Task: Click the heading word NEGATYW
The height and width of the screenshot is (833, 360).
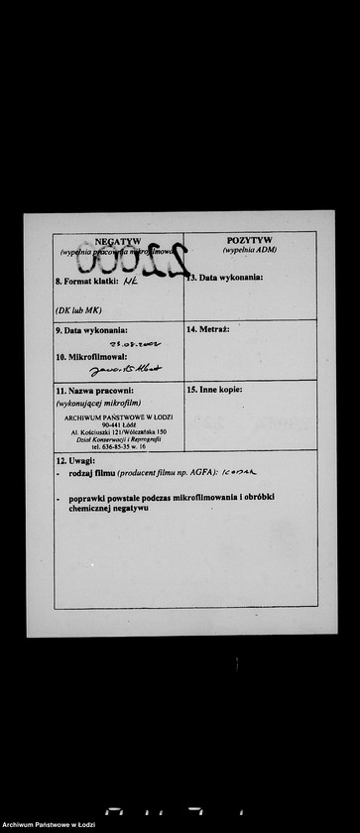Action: coord(118,241)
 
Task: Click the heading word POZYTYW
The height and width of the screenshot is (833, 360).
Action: coord(250,240)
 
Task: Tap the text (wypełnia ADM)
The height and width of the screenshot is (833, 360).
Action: coord(250,250)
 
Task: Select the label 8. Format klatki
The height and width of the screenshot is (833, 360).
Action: coord(86,282)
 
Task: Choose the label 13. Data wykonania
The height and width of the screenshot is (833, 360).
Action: coord(226,278)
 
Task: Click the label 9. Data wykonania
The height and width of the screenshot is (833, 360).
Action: coord(91,329)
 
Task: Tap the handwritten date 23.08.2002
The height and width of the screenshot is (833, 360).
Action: coord(135,344)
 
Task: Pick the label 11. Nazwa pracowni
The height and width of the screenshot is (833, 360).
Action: coord(94,390)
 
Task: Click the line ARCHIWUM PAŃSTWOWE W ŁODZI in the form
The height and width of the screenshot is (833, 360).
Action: coord(118,417)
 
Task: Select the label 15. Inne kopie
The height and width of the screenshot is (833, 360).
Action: coord(214,389)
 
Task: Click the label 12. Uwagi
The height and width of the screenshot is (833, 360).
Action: coord(75,461)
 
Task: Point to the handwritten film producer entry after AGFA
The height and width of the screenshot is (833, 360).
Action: coord(238,473)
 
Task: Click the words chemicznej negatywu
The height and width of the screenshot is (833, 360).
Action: coord(109,507)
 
